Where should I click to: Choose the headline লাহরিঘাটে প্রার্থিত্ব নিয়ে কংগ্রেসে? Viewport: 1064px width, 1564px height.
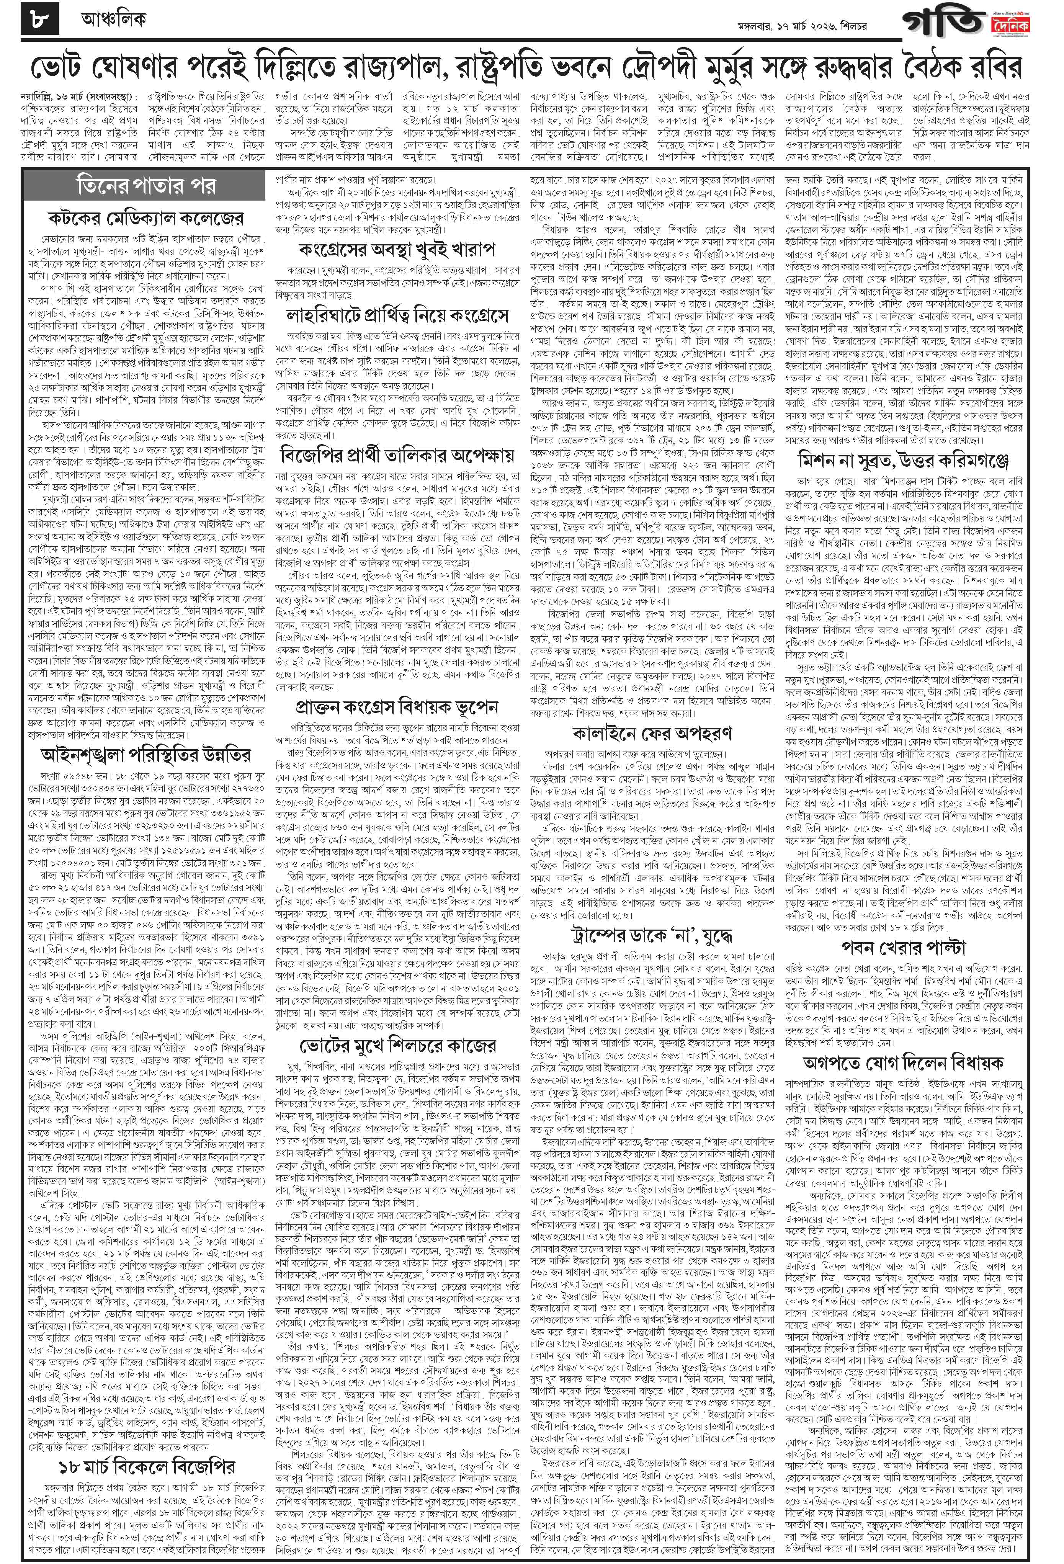pyautogui.click(x=397, y=315)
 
